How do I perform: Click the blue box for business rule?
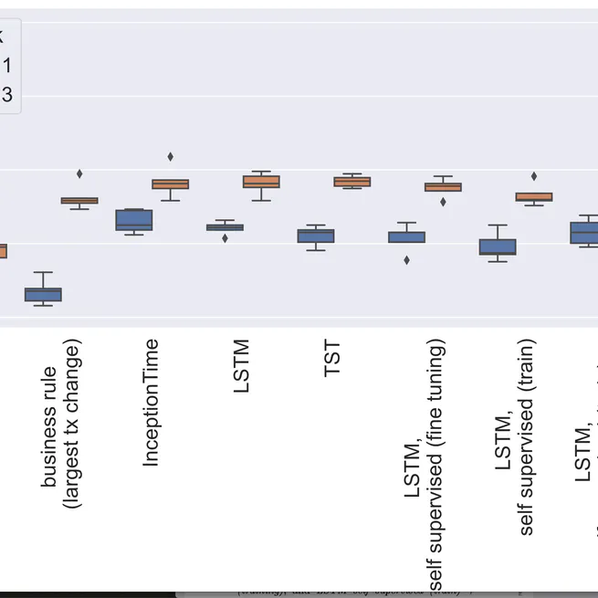coord(43,294)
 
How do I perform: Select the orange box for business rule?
coord(79,201)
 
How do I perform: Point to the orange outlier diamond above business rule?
coord(79,173)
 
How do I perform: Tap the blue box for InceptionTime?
coord(133,220)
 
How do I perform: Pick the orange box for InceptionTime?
coord(170,184)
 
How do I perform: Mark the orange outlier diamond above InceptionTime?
coord(170,156)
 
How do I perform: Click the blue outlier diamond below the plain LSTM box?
coord(225,238)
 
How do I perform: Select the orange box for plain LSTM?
coord(261,182)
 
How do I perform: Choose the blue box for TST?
coord(316,236)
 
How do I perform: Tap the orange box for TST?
coord(351,182)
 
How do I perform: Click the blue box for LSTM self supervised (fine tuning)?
coord(406,236)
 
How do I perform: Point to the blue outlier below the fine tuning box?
coord(406,260)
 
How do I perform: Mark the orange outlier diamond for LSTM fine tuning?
coord(443,202)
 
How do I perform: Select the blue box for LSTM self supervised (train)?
coord(498,247)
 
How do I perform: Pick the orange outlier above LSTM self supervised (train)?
coord(534,176)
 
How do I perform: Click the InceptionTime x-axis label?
coord(152,403)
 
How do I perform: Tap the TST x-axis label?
coord(333,358)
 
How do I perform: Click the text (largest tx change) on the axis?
coord(74,424)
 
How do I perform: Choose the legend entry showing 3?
coord(6,94)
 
